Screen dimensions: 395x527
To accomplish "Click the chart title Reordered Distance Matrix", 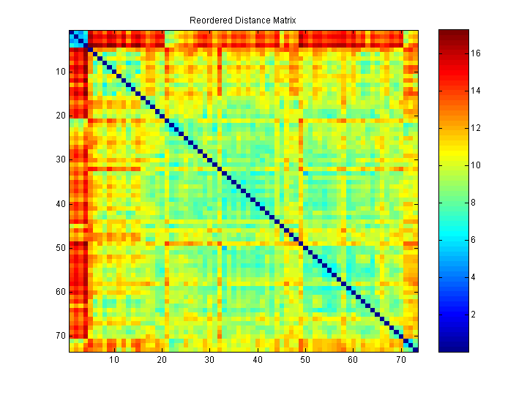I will [242, 20].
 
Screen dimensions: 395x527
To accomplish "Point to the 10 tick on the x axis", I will [114, 361].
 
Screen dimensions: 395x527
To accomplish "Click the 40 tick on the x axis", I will [258, 361].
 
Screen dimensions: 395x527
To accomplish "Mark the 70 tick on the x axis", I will [400, 361].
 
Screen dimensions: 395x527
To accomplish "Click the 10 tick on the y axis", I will [60, 72].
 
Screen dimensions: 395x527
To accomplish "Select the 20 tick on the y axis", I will [60, 116].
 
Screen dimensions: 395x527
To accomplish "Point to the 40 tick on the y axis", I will [60, 204].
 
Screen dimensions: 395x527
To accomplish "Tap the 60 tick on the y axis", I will [60, 292].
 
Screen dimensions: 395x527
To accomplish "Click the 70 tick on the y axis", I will [60, 336].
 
